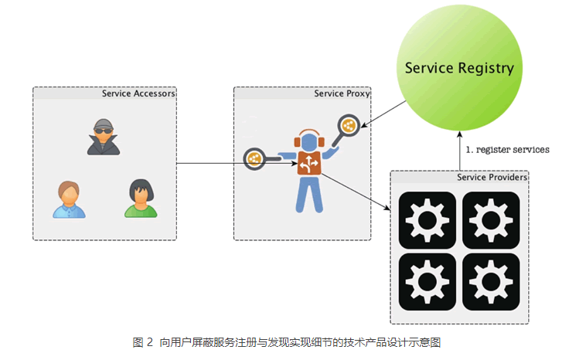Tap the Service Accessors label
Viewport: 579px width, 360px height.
tap(138, 93)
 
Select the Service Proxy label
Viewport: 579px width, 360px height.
tap(342, 93)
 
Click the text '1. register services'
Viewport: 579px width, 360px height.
tap(506, 149)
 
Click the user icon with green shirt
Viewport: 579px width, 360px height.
tap(141, 199)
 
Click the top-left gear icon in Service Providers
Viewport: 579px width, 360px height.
tap(427, 220)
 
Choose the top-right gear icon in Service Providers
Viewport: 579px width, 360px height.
tap(491, 220)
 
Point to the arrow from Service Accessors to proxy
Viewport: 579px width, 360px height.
tap(209, 163)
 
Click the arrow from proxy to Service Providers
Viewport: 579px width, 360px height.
tap(356, 192)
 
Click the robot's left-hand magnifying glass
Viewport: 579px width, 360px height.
tap(255, 159)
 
